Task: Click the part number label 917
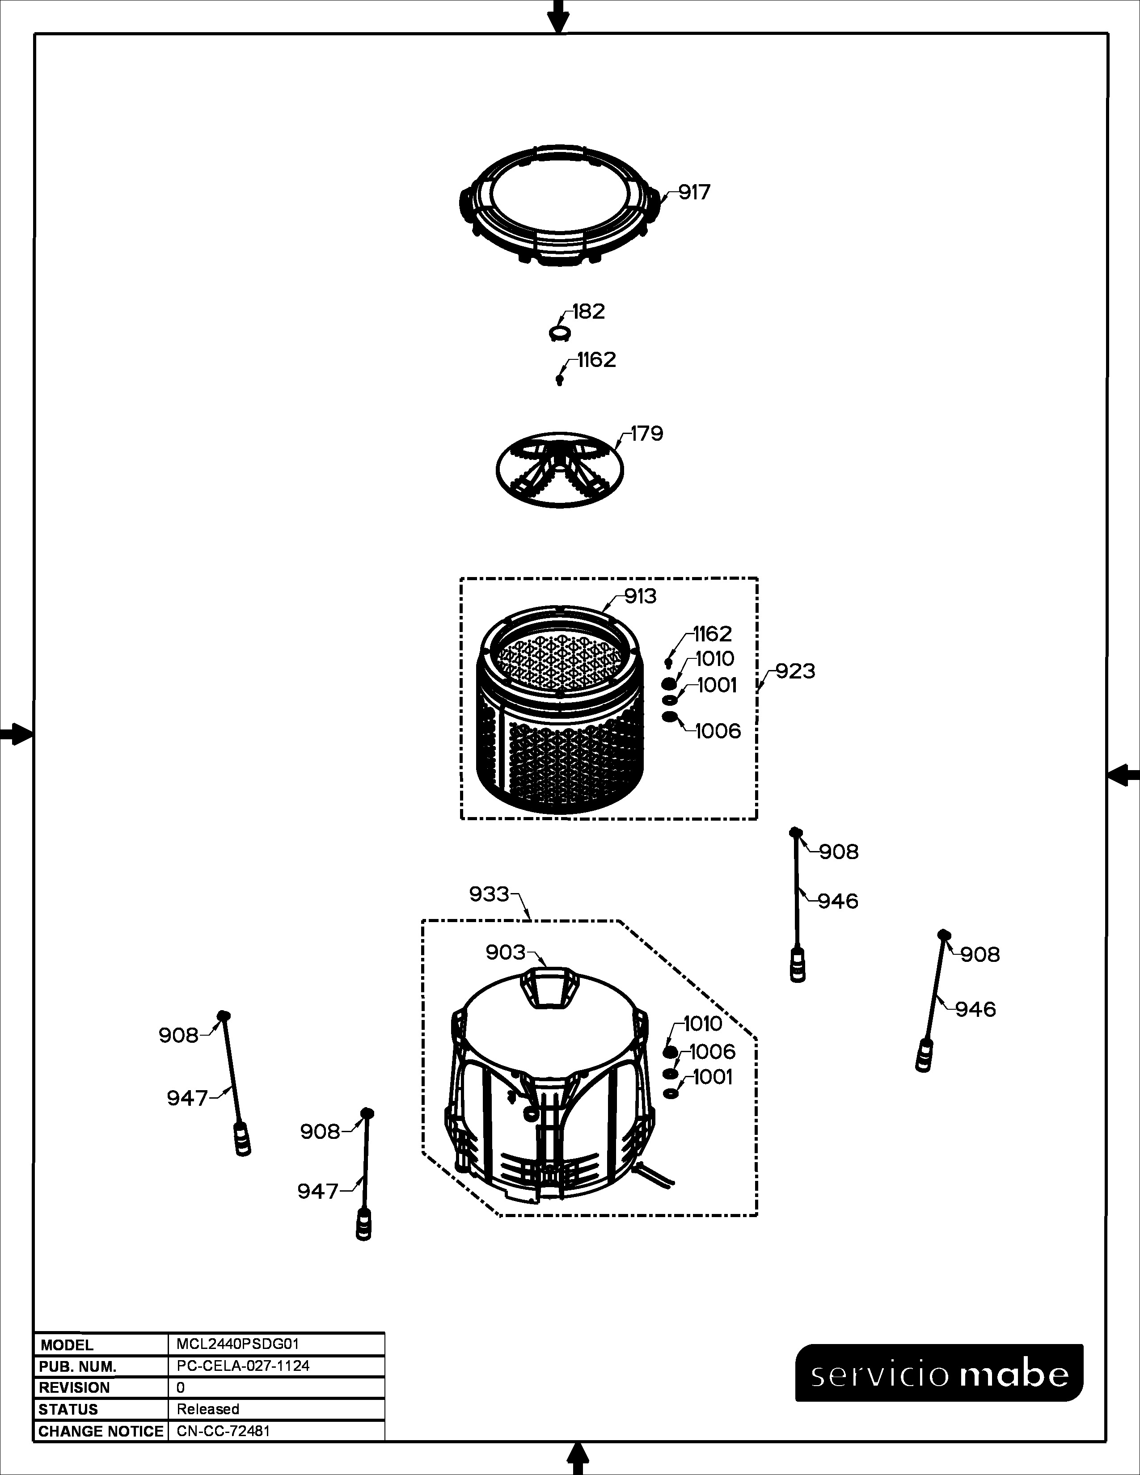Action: [x=694, y=193]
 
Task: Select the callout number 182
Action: [x=588, y=312]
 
